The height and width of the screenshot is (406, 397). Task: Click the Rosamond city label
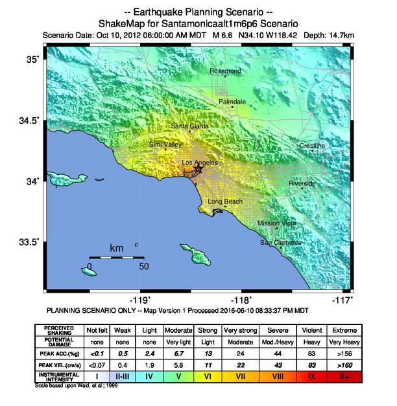[226, 71]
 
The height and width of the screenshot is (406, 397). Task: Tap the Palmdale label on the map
[232, 102]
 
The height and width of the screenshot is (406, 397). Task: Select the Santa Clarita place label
[189, 126]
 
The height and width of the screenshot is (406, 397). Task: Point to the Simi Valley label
[165, 144]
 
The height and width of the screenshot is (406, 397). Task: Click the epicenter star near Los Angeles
[198, 168]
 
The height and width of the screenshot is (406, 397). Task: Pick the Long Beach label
[225, 201]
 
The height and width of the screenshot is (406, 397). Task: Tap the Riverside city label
[302, 183]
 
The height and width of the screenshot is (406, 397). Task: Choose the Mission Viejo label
[277, 223]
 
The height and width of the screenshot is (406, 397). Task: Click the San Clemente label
[280, 242]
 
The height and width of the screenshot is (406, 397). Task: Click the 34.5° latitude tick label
[30, 120]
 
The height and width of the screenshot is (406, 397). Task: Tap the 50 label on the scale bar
[144, 266]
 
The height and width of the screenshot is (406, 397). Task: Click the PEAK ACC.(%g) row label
[59, 353]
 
